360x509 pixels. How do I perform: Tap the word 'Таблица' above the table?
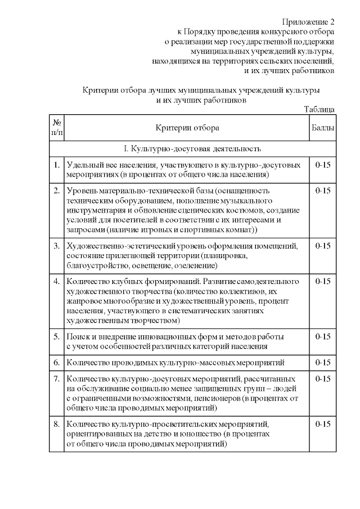pyautogui.click(x=319, y=109)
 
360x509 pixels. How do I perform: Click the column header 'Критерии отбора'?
pyautogui.click(x=187, y=128)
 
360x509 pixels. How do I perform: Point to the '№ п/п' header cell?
pyautogui.click(x=57, y=128)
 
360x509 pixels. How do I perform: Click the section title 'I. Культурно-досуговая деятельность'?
pyautogui.click(x=192, y=149)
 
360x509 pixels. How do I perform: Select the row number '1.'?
pyautogui.click(x=57, y=165)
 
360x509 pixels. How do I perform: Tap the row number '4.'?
pyautogui.click(x=57, y=281)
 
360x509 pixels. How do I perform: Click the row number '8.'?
pyautogui.click(x=57, y=424)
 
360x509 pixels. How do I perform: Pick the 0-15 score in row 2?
pyautogui.click(x=323, y=191)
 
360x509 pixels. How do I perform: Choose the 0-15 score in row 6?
pyautogui.click(x=323, y=362)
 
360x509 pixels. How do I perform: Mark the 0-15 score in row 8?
pyautogui.click(x=323, y=424)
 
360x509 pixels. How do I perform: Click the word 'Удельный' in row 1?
pyautogui.click(x=84, y=165)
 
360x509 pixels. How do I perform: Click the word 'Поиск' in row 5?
pyautogui.click(x=78, y=336)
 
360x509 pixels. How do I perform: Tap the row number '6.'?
pyautogui.click(x=57, y=362)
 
